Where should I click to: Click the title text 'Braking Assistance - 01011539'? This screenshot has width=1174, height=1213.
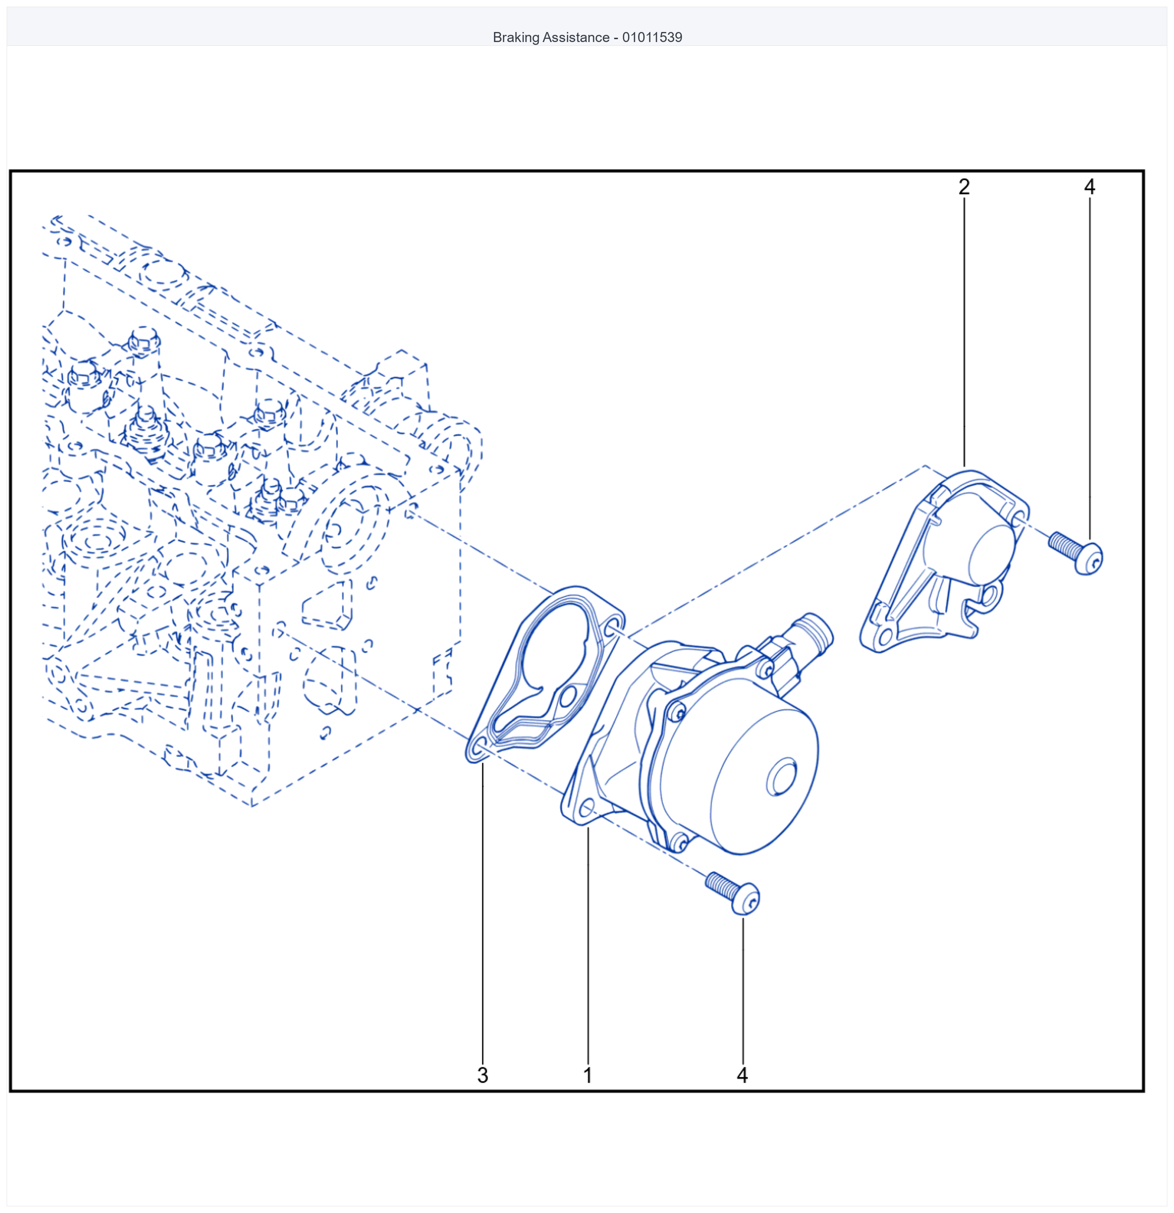pyautogui.click(x=587, y=37)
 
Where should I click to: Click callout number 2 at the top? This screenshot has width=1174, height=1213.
pyautogui.click(x=964, y=187)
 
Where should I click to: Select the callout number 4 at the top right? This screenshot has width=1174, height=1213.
pyautogui.click(x=1089, y=187)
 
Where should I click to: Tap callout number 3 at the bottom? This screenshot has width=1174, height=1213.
pyautogui.click(x=482, y=1075)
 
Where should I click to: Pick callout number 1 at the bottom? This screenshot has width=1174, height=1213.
pyautogui.click(x=587, y=1075)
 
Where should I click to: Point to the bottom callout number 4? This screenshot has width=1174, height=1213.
pyautogui.click(x=742, y=1075)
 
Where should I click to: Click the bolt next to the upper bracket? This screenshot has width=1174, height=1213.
pyautogui.click(x=1076, y=553)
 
